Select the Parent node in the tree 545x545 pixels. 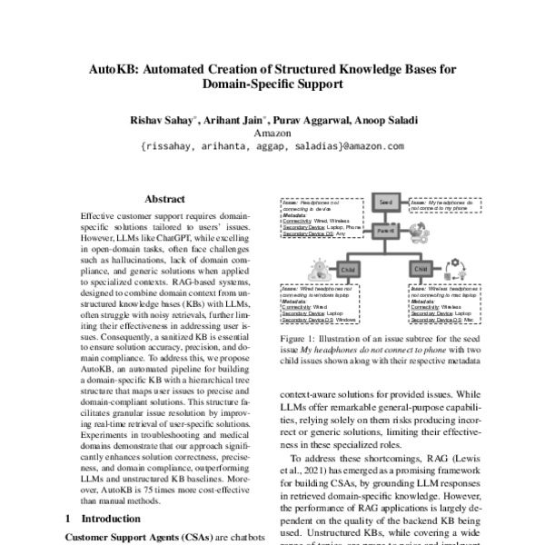point(385,231)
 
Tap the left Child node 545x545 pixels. point(347,270)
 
